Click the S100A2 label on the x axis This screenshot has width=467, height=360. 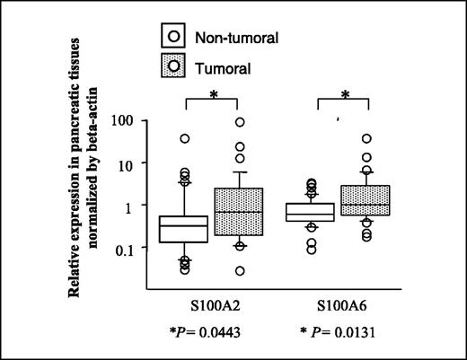tap(216, 307)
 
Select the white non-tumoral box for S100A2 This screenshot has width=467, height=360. tap(183, 228)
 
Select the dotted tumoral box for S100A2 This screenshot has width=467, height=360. tap(240, 212)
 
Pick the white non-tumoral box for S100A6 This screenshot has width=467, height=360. tap(310, 212)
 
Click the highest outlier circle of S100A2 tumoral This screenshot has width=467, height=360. tap(240, 123)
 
